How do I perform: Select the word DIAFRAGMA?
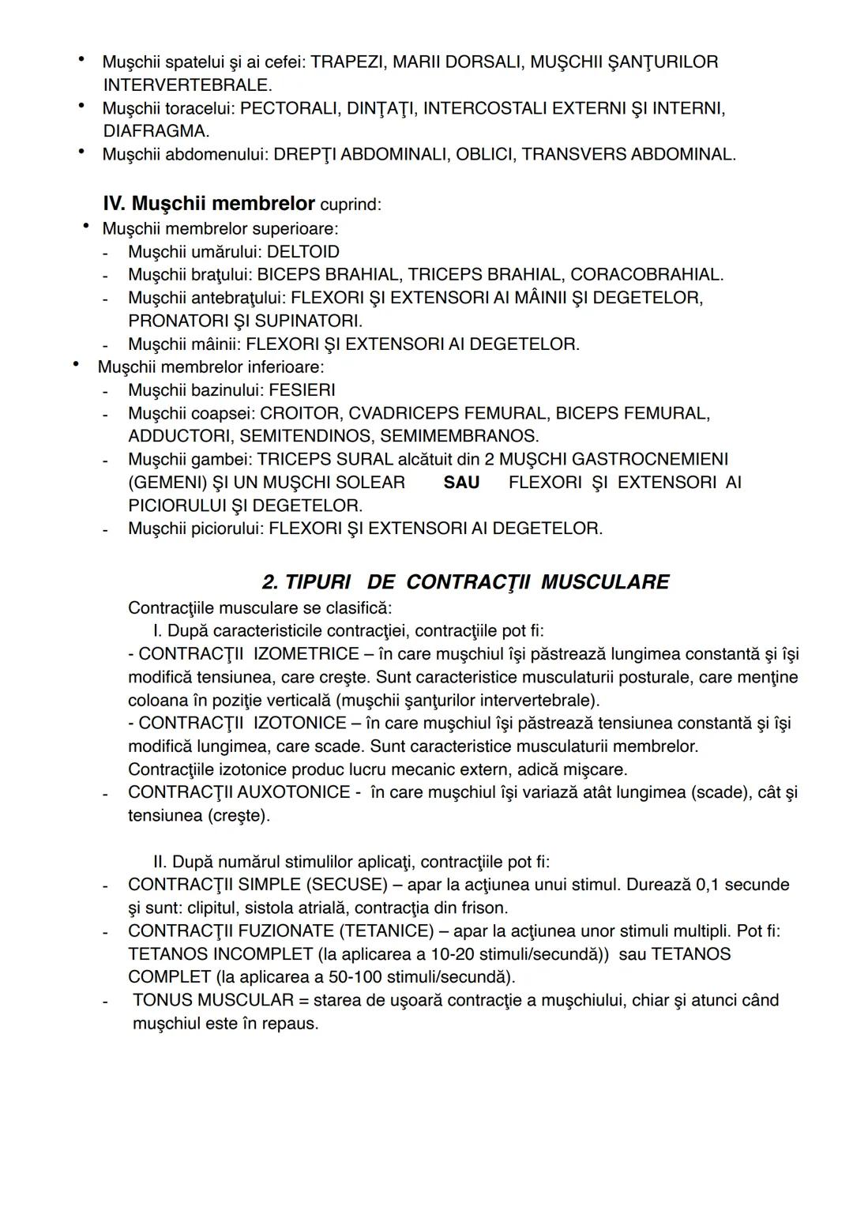click(x=155, y=131)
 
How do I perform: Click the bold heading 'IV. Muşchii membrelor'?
click(x=209, y=204)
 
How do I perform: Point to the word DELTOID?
click(x=303, y=252)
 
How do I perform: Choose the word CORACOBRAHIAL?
click(x=646, y=275)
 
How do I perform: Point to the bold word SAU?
click(x=461, y=483)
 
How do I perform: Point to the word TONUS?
click(x=163, y=1000)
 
